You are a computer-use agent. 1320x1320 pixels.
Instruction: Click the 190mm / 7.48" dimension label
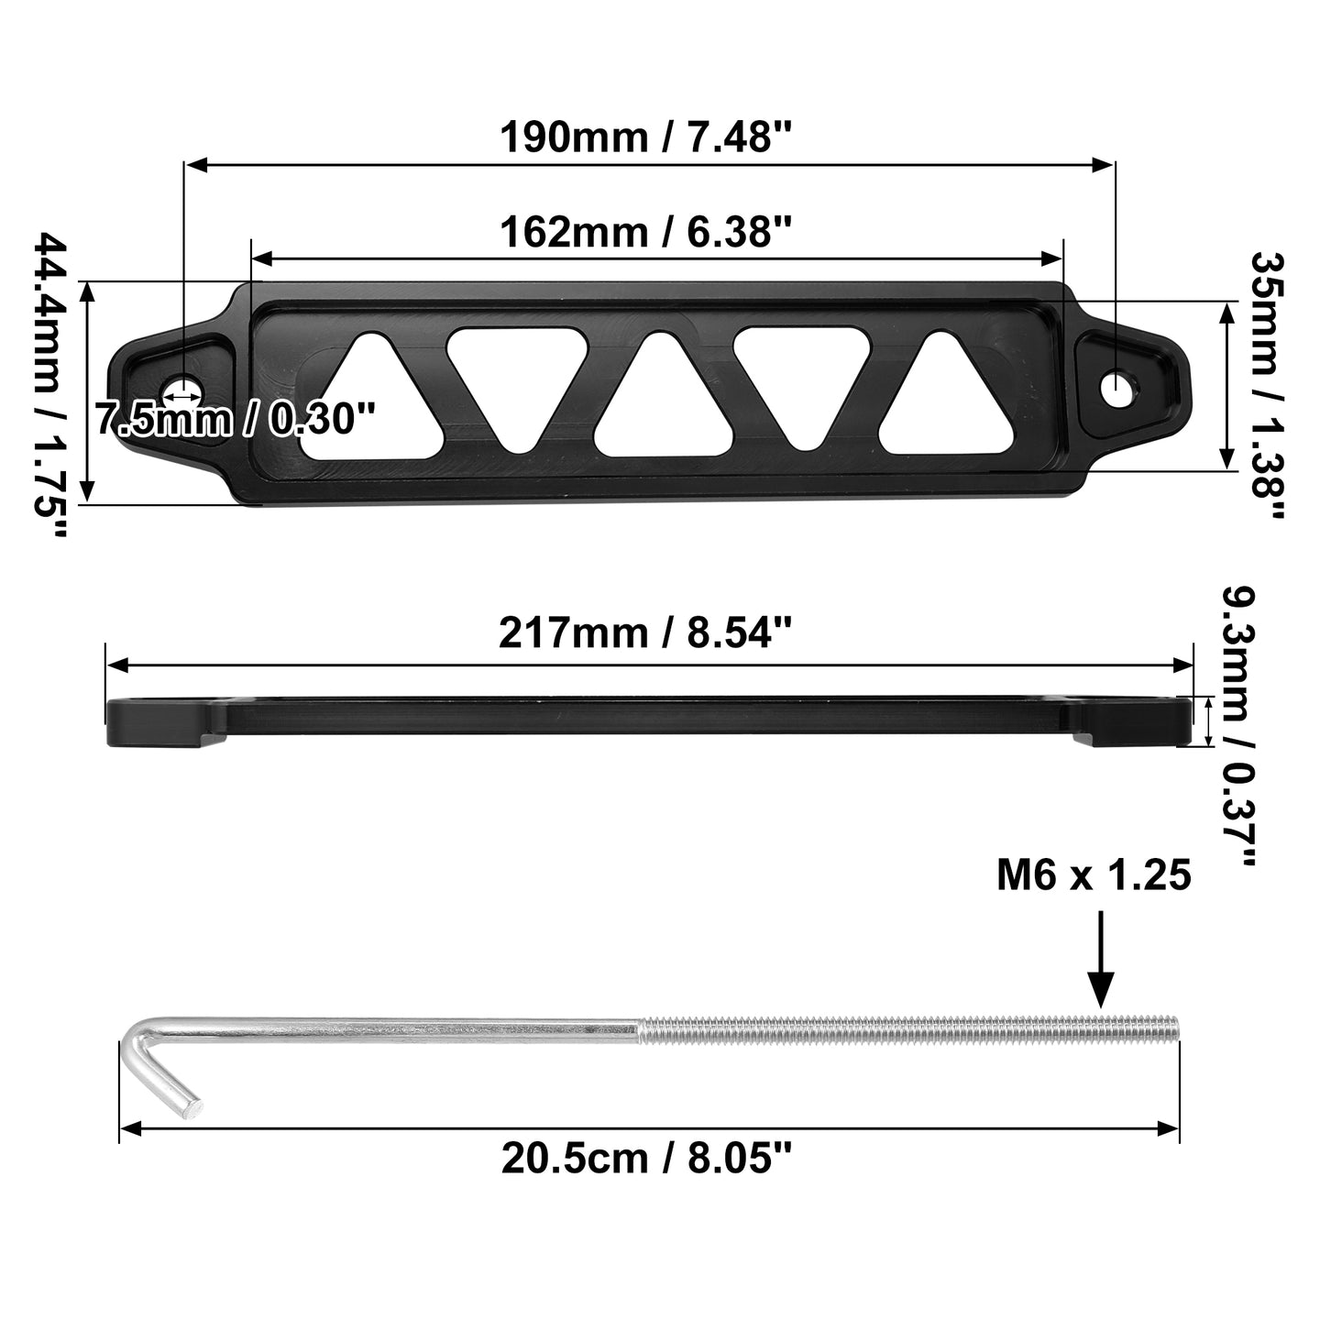pos(645,137)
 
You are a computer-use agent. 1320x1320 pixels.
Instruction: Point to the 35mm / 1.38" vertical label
pos(1267,385)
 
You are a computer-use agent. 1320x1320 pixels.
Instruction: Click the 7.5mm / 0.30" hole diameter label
pos(235,419)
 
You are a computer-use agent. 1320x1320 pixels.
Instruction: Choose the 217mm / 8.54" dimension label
pos(645,632)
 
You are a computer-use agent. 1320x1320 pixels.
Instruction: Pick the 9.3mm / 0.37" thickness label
pos(1240,726)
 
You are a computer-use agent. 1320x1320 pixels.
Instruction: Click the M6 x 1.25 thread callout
pos(1094,875)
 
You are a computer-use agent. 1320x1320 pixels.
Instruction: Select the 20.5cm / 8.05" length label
pos(646,1159)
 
